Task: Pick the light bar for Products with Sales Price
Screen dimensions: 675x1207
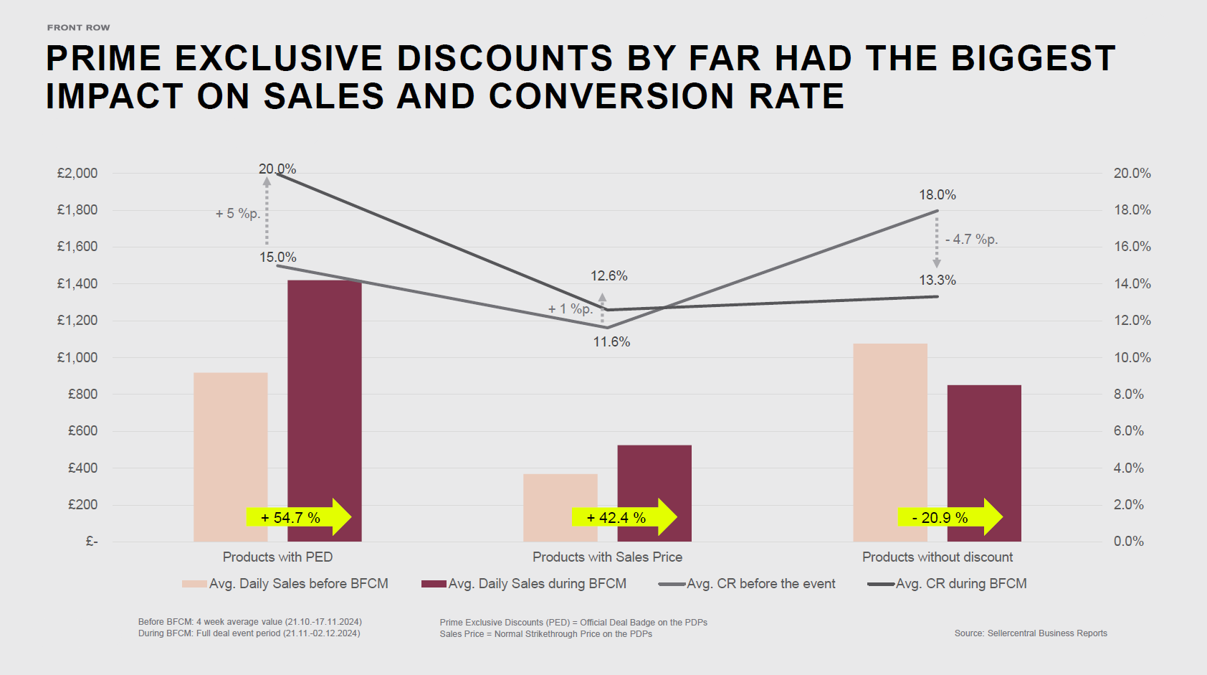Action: pyautogui.click(x=560, y=502)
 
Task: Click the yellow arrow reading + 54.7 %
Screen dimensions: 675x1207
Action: pyautogui.click(x=298, y=517)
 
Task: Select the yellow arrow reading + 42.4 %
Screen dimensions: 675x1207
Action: pyautogui.click(x=624, y=517)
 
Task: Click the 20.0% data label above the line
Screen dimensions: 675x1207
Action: pyautogui.click(x=277, y=169)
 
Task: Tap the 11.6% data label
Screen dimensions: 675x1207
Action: pyautogui.click(x=611, y=342)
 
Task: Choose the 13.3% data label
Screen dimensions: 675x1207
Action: pyautogui.click(x=938, y=280)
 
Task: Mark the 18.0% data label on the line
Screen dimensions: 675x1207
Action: pyautogui.click(x=938, y=194)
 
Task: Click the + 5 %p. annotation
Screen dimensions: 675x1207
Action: pyautogui.click(x=238, y=213)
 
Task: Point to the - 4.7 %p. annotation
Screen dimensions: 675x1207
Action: pyautogui.click(x=971, y=239)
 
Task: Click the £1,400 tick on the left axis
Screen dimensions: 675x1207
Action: pyautogui.click(x=77, y=283)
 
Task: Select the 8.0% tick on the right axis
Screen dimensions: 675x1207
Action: pyautogui.click(x=1129, y=394)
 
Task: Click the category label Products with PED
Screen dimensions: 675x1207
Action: pyautogui.click(x=277, y=557)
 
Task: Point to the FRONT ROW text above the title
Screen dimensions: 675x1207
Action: pyautogui.click(x=79, y=27)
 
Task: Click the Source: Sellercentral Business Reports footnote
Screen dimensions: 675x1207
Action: pyautogui.click(x=1031, y=633)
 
